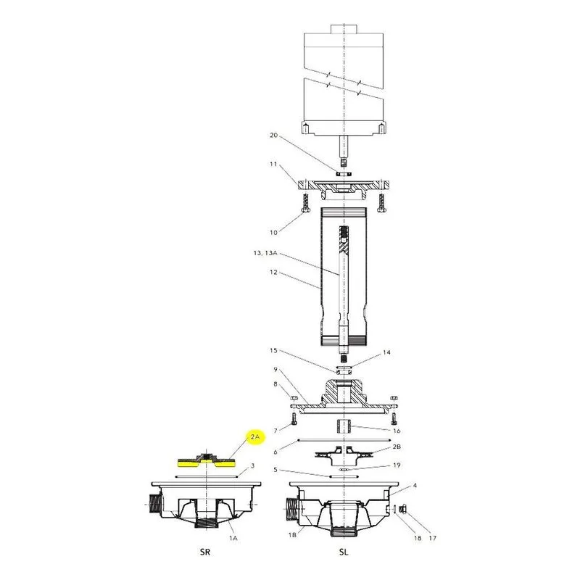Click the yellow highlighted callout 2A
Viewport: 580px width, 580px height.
pos(255,437)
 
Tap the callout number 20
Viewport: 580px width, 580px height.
pos(274,136)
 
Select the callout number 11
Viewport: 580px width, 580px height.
pos(273,164)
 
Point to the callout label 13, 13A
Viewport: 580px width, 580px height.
pos(265,253)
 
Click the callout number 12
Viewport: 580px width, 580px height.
pos(273,273)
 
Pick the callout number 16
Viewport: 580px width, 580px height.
pos(397,431)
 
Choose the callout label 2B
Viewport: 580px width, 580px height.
pos(397,447)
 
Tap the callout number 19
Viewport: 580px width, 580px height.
pos(397,465)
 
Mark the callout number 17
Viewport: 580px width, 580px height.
pos(432,538)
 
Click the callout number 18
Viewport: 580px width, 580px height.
pos(418,538)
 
